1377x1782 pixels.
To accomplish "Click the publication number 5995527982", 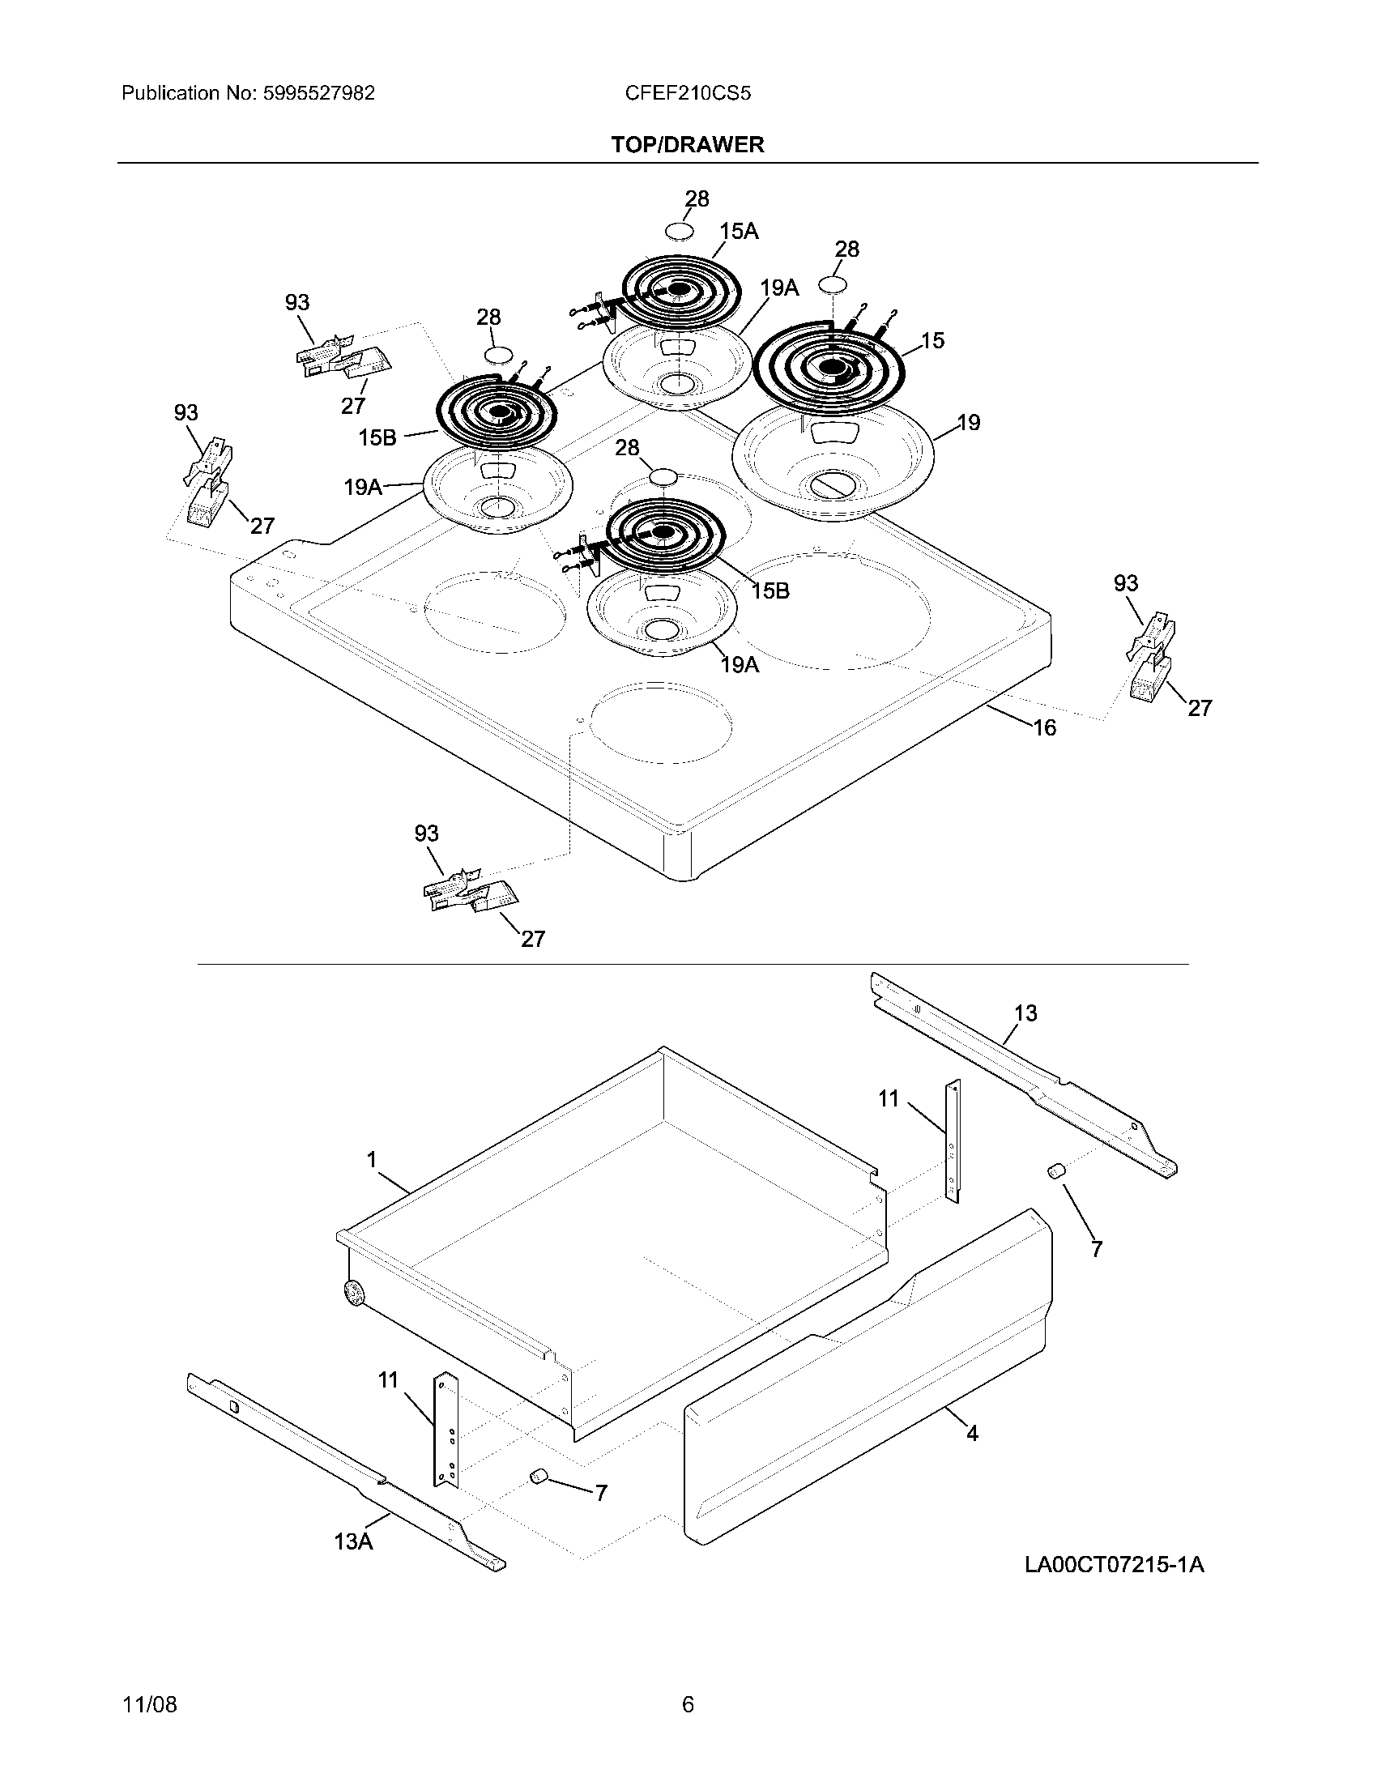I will (319, 93).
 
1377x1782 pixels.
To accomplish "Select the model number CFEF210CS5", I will (688, 93).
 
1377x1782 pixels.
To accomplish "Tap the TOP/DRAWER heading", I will (688, 145).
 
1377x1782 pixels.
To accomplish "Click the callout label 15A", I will (739, 232).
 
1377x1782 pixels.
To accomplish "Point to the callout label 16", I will (1045, 727).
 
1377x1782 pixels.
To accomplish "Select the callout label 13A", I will (353, 1541).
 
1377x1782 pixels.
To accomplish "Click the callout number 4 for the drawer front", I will (972, 1433).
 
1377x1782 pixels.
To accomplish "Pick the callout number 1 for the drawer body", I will (372, 1159).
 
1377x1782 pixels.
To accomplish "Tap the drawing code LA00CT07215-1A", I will (1115, 1565).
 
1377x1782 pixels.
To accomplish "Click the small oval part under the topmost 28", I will (680, 232).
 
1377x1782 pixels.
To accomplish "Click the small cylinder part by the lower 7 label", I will (538, 1475).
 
